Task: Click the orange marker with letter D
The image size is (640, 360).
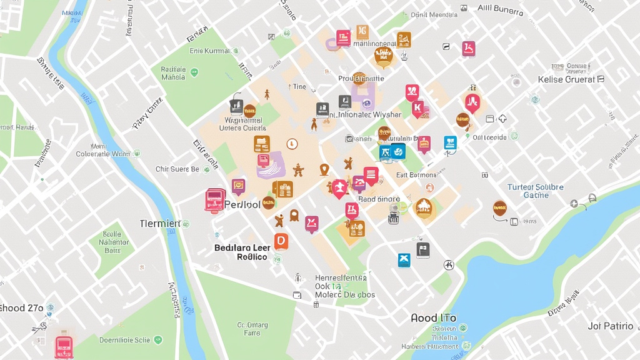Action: click(281, 241)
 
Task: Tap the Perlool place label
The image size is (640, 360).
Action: click(242, 204)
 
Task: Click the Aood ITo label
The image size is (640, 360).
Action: click(433, 318)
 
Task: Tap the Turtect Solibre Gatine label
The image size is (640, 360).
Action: click(536, 191)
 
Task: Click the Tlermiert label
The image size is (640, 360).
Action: click(160, 223)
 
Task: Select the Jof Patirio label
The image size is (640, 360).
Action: click(611, 326)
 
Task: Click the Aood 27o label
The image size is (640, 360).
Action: click(22, 307)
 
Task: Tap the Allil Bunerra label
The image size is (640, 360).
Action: click(500, 9)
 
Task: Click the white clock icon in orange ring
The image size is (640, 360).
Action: click(292, 144)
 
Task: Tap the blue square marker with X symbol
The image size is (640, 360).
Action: click(404, 260)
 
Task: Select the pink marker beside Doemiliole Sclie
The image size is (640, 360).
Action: click(64, 345)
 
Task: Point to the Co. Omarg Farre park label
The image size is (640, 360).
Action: click(252, 329)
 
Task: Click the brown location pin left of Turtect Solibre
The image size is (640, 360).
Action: click(499, 207)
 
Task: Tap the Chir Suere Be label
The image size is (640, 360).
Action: click(177, 169)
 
